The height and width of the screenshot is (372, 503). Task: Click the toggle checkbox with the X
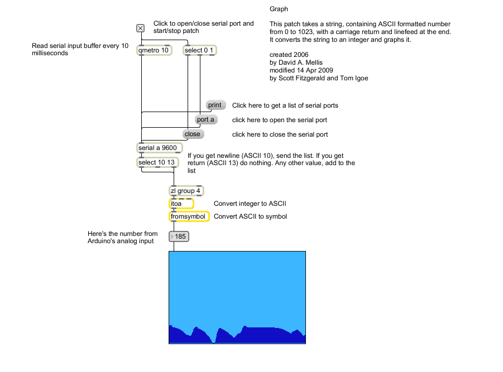click(141, 28)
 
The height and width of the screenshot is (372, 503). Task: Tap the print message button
click(215, 105)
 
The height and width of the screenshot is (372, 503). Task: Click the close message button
click(193, 134)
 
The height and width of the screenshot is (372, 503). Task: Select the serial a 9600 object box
click(158, 148)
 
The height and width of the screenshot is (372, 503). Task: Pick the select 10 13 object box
click(157, 162)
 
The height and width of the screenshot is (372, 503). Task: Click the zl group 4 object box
click(185, 191)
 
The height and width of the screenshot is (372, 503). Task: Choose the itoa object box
click(181, 204)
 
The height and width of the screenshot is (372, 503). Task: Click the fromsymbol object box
click(189, 216)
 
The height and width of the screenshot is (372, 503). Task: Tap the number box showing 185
click(180, 237)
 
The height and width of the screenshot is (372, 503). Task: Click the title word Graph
click(279, 9)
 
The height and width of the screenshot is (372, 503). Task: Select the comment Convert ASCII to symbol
click(251, 216)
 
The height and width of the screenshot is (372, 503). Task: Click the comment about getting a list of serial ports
click(285, 105)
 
